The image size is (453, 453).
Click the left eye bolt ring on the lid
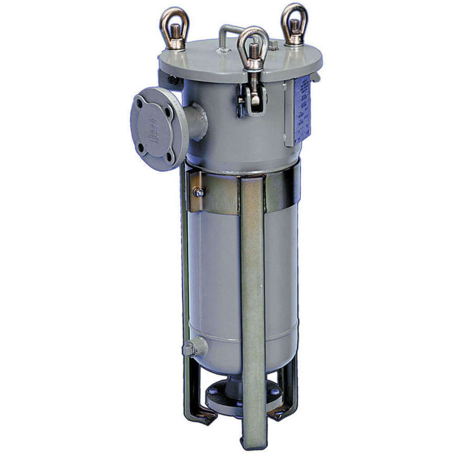(x=173, y=18)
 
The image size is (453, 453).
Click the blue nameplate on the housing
(x=302, y=109)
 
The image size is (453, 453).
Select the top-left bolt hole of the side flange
(x=140, y=109)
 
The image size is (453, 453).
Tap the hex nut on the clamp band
(x=198, y=193)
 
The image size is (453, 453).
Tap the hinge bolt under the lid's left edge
(x=173, y=81)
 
